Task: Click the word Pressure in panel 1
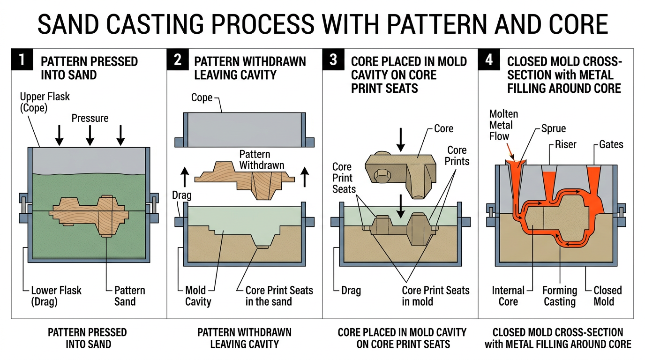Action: pos(90,118)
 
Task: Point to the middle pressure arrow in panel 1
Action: pos(90,135)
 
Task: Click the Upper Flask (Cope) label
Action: pos(45,103)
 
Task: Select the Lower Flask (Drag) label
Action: pos(56,296)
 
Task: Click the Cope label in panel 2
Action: pos(202,98)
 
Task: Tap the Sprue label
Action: pos(554,128)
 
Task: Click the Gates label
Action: pos(611,144)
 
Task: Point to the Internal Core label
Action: pos(508,296)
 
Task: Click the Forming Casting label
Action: pos(560,296)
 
